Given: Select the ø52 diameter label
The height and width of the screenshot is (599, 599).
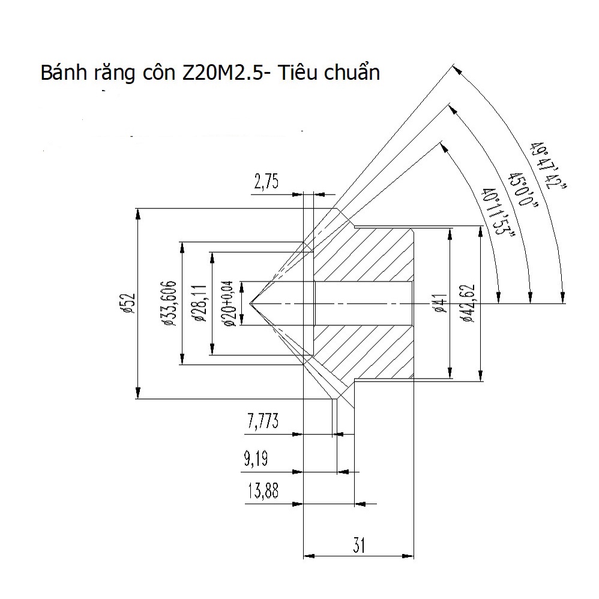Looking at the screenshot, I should [127, 304].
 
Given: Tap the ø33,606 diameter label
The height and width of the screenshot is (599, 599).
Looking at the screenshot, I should [169, 303].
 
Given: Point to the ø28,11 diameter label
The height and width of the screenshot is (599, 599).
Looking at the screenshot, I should [200, 303].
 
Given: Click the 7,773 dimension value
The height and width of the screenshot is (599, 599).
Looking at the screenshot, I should [262, 422].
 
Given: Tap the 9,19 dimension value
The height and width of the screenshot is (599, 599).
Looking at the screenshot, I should [256, 460].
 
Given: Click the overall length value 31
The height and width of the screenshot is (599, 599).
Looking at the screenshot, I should [360, 545].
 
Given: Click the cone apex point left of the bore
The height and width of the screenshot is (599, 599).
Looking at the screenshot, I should [250, 303].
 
